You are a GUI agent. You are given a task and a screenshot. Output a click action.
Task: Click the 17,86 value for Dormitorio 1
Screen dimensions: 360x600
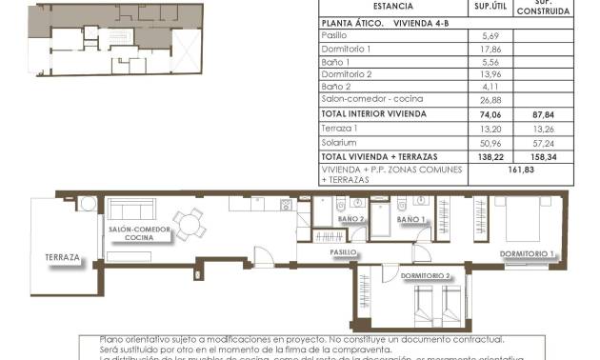(491, 49)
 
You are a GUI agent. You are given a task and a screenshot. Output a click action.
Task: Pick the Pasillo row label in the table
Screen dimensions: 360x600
(335, 35)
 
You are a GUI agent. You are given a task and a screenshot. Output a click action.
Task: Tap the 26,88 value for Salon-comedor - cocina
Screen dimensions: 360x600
(491, 99)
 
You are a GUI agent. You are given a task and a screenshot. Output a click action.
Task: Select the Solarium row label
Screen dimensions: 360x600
(340, 141)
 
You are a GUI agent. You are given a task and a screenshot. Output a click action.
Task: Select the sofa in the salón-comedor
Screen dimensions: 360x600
(133, 210)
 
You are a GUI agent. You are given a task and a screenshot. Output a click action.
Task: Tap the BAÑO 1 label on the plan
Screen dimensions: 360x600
(411, 219)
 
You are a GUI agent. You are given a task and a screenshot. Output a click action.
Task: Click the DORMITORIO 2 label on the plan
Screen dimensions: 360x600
(426, 275)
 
